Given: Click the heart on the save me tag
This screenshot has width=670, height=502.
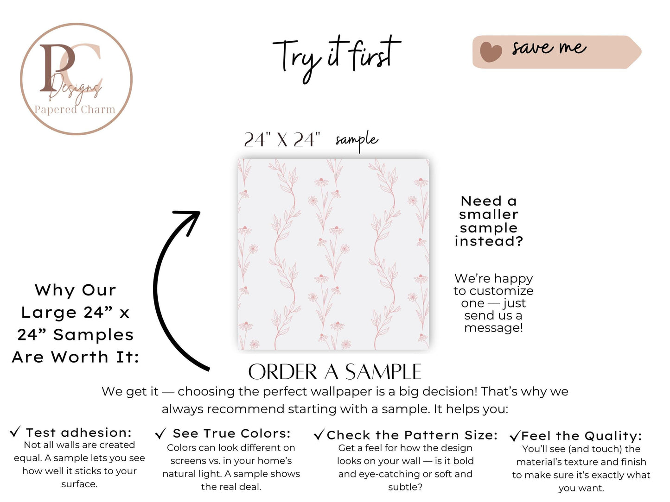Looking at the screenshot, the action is pyautogui.click(x=491, y=51).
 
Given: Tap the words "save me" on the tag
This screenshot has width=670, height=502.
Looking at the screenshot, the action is pyautogui.click(x=549, y=48).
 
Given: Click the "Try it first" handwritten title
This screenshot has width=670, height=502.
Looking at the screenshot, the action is pyautogui.click(x=336, y=59).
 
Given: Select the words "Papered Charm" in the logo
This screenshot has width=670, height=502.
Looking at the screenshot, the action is pyautogui.click(x=75, y=109).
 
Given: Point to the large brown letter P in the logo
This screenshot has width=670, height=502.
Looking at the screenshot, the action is pyautogui.click(x=57, y=68).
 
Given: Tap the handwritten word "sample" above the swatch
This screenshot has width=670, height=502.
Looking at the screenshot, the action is pyautogui.click(x=357, y=140).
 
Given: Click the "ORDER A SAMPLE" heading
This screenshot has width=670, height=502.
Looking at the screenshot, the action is pyautogui.click(x=335, y=372).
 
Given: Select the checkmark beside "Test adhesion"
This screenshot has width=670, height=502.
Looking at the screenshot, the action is pyautogui.click(x=15, y=432).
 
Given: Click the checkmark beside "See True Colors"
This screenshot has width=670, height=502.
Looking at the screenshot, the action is pyautogui.click(x=160, y=433).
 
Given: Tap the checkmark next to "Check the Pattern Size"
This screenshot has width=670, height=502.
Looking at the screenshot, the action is pyautogui.click(x=319, y=435).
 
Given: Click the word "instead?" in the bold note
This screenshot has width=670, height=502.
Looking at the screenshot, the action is pyautogui.click(x=489, y=241).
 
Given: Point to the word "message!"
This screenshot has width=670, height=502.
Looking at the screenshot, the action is pyautogui.click(x=493, y=328).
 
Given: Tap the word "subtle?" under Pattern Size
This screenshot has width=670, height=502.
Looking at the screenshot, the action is pyautogui.click(x=405, y=487).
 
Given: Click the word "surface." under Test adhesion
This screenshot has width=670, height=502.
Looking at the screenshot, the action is pyautogui.click(x=79, y=484).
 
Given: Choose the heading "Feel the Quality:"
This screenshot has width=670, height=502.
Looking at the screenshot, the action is pyautogui.click(x=581, y=436).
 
